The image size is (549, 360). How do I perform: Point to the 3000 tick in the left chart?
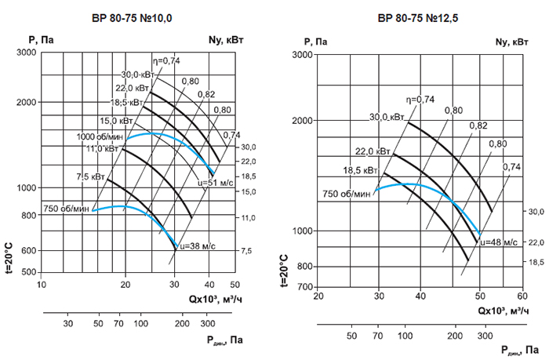coord(27,52)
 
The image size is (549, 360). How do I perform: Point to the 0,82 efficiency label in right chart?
coord(478,125)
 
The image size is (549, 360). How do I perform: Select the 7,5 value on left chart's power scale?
coord(246,250)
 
